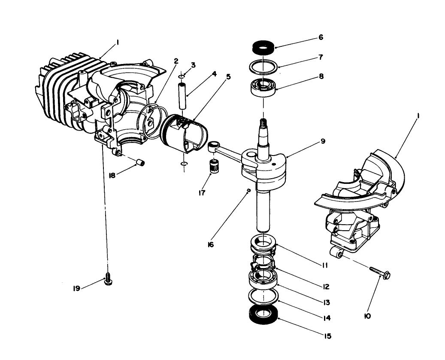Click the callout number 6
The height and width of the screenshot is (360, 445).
pyautogui.click(x=321, y=38)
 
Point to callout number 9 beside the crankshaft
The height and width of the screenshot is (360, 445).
pyautogui.click(x=323, y=141)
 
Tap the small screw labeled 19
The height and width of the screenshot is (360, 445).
pyautogui.click(x=108, y=281)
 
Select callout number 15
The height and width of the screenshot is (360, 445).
pyautogui.click(x=328, y=336)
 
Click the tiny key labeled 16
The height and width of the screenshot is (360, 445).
pyautogui.click(x=248, y=191)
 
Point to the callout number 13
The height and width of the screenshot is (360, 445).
pyautogui.click(x=327, y=302)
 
